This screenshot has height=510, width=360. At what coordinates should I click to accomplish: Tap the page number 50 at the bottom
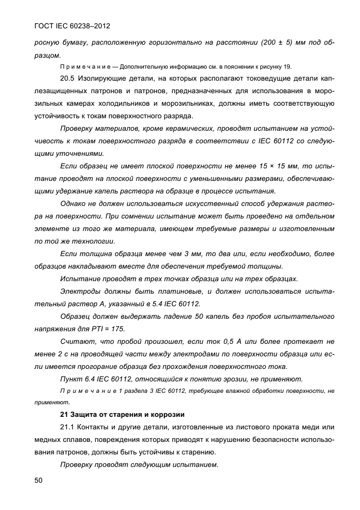click(38, 480)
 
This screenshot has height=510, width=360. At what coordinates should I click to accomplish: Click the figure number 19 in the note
click(286, 66)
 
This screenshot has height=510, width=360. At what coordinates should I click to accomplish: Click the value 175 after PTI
click(118, 329)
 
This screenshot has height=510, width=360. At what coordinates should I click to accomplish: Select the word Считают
click(77, 342)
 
